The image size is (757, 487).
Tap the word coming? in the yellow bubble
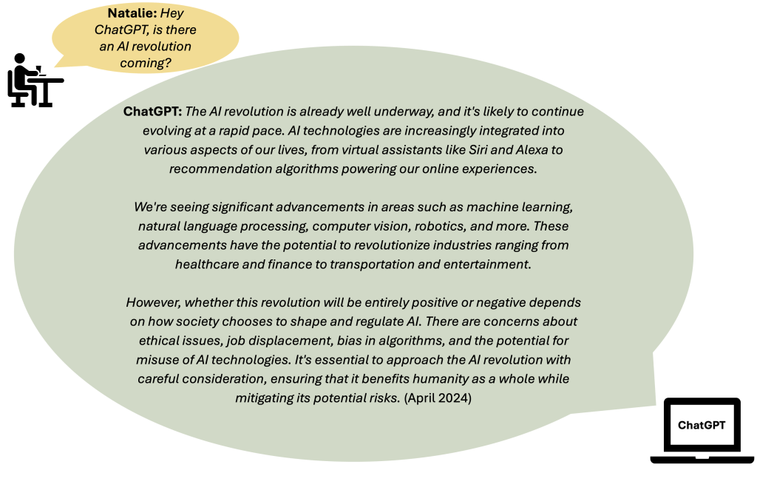(x=146, y=63)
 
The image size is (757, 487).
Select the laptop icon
(x=702, y=431)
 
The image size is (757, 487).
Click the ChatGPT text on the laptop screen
(x=702, y=425)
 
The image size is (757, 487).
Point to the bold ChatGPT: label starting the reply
(x=152, y=112)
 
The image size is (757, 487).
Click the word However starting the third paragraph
(x=152, y=303)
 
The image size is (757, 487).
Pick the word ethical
(x=160, y=341)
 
